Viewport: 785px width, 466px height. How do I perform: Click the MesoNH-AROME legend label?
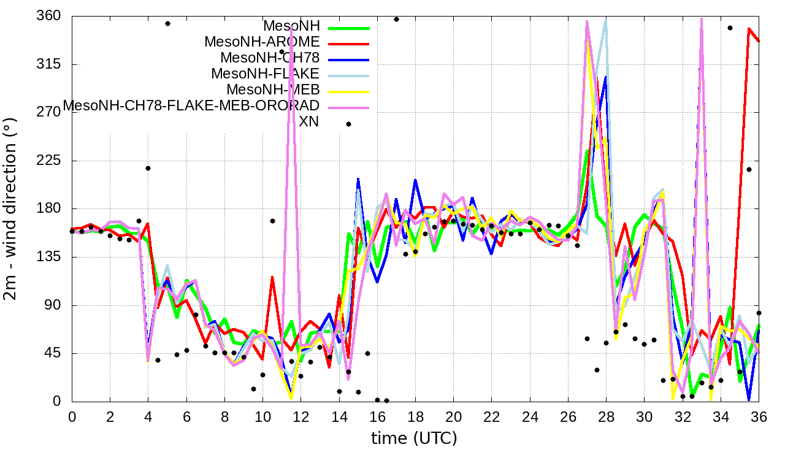coord(262,42)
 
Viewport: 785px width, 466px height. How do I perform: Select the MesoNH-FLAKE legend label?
coord(266,74)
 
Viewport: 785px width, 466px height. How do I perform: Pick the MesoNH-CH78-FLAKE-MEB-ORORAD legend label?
coord(191,105)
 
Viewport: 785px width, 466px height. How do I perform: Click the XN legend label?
coord(308,122)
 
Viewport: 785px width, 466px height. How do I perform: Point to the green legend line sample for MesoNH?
coord(349,28)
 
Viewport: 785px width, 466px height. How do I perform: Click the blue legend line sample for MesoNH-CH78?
coord(349,59)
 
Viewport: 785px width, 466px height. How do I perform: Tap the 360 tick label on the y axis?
coord(48,16)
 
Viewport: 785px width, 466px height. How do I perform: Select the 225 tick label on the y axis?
coord(48,161)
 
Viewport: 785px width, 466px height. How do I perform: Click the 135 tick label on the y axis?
coord(48,257)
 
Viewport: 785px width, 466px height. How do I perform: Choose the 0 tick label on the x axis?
coord(72,416)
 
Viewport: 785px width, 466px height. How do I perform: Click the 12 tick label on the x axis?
coord(301,416)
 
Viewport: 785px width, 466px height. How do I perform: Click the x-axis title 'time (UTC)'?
coord(414,438)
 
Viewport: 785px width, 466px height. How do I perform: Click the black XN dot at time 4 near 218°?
coord(148,168)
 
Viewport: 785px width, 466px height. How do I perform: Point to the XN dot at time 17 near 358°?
coord(396,19)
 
